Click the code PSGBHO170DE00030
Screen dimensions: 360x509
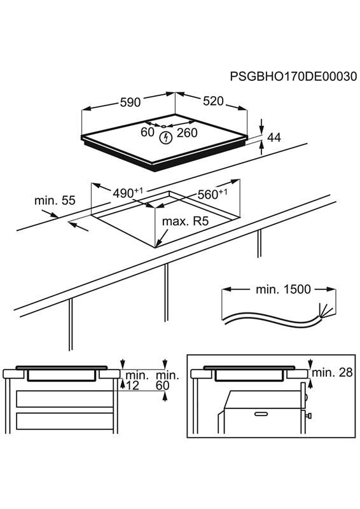pos(293,76)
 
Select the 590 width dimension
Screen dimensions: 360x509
pos(130,102)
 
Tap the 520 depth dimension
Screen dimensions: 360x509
pos(213,101)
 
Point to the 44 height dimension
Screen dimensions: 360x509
pos(273,137)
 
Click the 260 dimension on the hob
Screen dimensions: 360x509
pos(187,133)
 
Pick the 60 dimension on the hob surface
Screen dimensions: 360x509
pos(148,132)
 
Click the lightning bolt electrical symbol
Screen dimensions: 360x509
pos(166,137)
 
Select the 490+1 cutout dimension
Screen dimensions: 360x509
pos(128,193)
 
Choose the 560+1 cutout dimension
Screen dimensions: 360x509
pos(212,194)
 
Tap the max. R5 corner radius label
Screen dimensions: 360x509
pos(184,221)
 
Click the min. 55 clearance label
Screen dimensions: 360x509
pos(55,200)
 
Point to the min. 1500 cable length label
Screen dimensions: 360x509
pos(283,289)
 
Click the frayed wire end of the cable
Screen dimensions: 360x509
pos(325,311)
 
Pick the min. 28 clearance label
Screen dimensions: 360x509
pos(332,372)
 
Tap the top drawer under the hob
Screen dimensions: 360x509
pos(65,399)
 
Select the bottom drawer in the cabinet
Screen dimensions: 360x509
pos(65,421)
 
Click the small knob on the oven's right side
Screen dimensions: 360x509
pos(308,415)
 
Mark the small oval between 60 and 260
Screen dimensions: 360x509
pos(163,126)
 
